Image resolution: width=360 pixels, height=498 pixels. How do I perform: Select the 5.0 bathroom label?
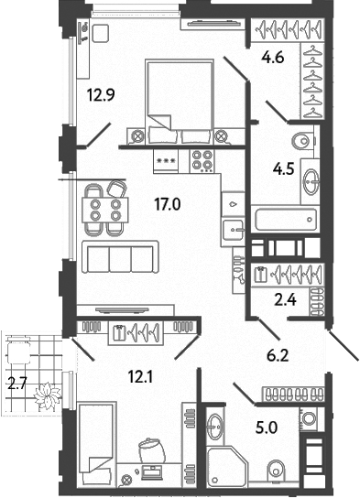[x=268, y=426]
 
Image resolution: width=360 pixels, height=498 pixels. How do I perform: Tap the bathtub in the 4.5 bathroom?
[x=283, y=221]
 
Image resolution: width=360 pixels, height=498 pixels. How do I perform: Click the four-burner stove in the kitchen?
[x=202, y=161]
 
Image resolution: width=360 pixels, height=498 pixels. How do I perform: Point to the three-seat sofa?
[x=120, y=255]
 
